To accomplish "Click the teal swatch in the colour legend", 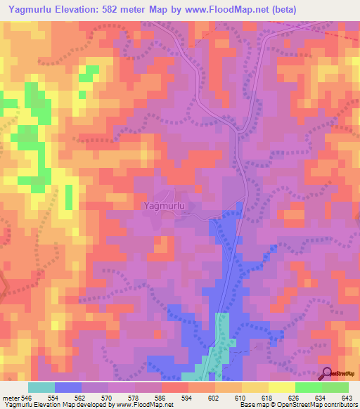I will pyautogui.click(x=41, y=387).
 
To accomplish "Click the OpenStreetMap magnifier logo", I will pyautogui.click(x=326, y=373).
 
